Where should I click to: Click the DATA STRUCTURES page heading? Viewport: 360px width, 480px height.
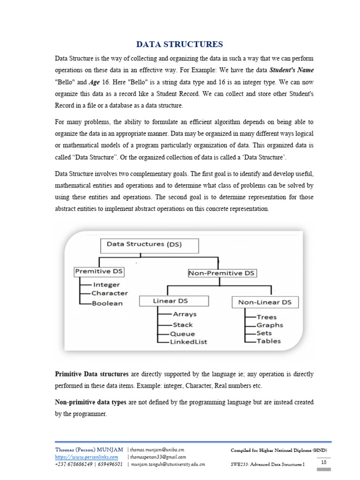[180, 45]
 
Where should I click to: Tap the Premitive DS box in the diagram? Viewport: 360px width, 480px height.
[99, 271]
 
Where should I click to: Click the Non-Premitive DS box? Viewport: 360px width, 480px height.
[222, 273]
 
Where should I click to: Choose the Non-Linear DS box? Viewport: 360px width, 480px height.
[264, 302]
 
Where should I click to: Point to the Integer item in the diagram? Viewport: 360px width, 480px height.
[106, 285]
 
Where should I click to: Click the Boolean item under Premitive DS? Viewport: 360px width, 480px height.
[107, 303]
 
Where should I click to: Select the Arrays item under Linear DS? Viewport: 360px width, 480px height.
[185, 315]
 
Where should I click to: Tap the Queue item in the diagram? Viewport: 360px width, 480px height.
[182, 334]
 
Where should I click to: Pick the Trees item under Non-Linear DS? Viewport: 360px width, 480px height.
[266, 317]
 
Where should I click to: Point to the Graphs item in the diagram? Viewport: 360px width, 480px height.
[270, 325]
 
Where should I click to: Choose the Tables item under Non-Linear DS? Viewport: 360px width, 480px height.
[269, 341]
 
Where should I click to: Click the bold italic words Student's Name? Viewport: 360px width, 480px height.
[291, 70]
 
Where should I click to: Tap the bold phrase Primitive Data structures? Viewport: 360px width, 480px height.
[92, 374]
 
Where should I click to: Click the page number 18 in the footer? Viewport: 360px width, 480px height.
[323, 462]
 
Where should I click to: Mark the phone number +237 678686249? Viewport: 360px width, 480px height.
[73, 465]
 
